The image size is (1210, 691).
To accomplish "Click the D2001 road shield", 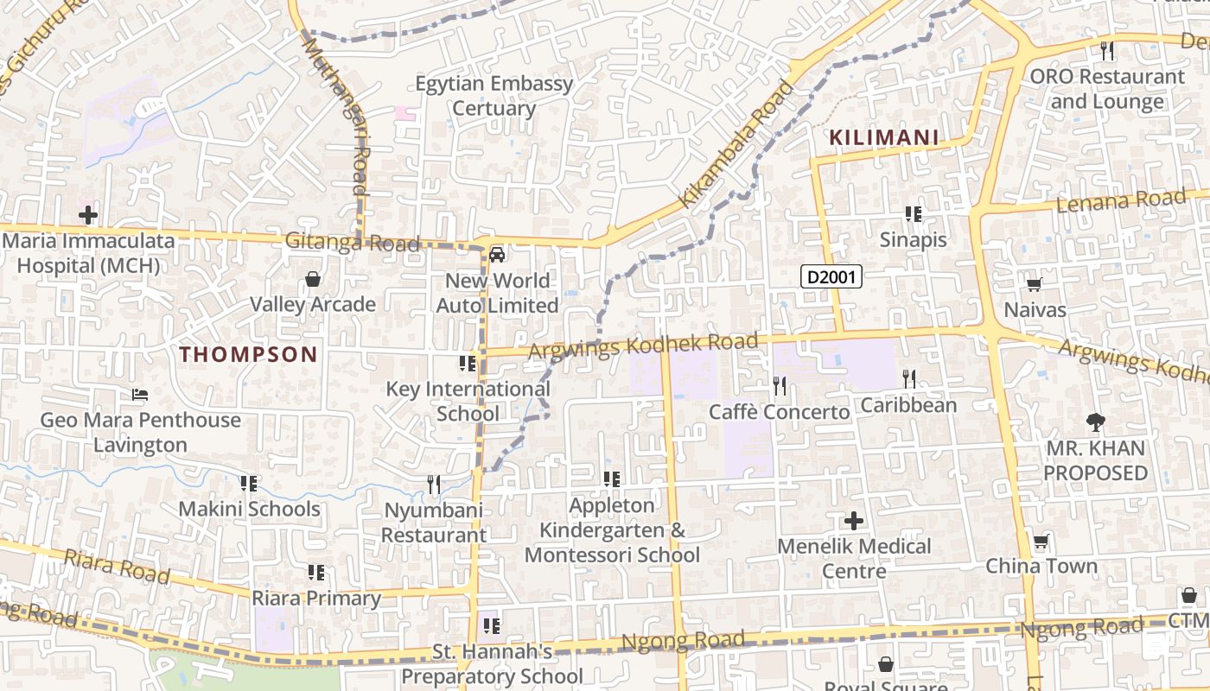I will tap(831, 277).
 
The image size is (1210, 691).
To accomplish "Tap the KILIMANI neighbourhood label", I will tap(883, 137).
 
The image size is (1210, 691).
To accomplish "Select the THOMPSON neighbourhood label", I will tap(248, 354).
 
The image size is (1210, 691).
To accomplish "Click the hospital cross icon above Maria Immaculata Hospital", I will tap(87, 215).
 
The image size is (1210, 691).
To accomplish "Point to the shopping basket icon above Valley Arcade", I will tap(312, 279).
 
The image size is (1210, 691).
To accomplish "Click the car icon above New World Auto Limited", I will tap(497, 255).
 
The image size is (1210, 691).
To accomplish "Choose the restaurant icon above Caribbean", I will tap(908, 378).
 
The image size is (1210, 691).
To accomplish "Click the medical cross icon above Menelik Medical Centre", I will tap(853, 520).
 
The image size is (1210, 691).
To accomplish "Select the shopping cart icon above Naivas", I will tap(1034, 283).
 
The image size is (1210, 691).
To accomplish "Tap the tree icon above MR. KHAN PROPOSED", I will tap(1096, 422).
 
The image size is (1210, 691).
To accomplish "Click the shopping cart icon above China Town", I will tap(1041, 542).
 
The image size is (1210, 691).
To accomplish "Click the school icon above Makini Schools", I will tap(249, 484).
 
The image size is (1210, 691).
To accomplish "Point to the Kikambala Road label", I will tap(736, 144).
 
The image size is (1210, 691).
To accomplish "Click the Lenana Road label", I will tap(1121, 201).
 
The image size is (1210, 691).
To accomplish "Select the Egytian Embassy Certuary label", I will tap(494, 96).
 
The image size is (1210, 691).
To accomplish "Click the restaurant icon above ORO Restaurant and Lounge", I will tap(1107, 51).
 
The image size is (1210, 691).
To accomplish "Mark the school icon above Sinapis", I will tap(913, 213).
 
